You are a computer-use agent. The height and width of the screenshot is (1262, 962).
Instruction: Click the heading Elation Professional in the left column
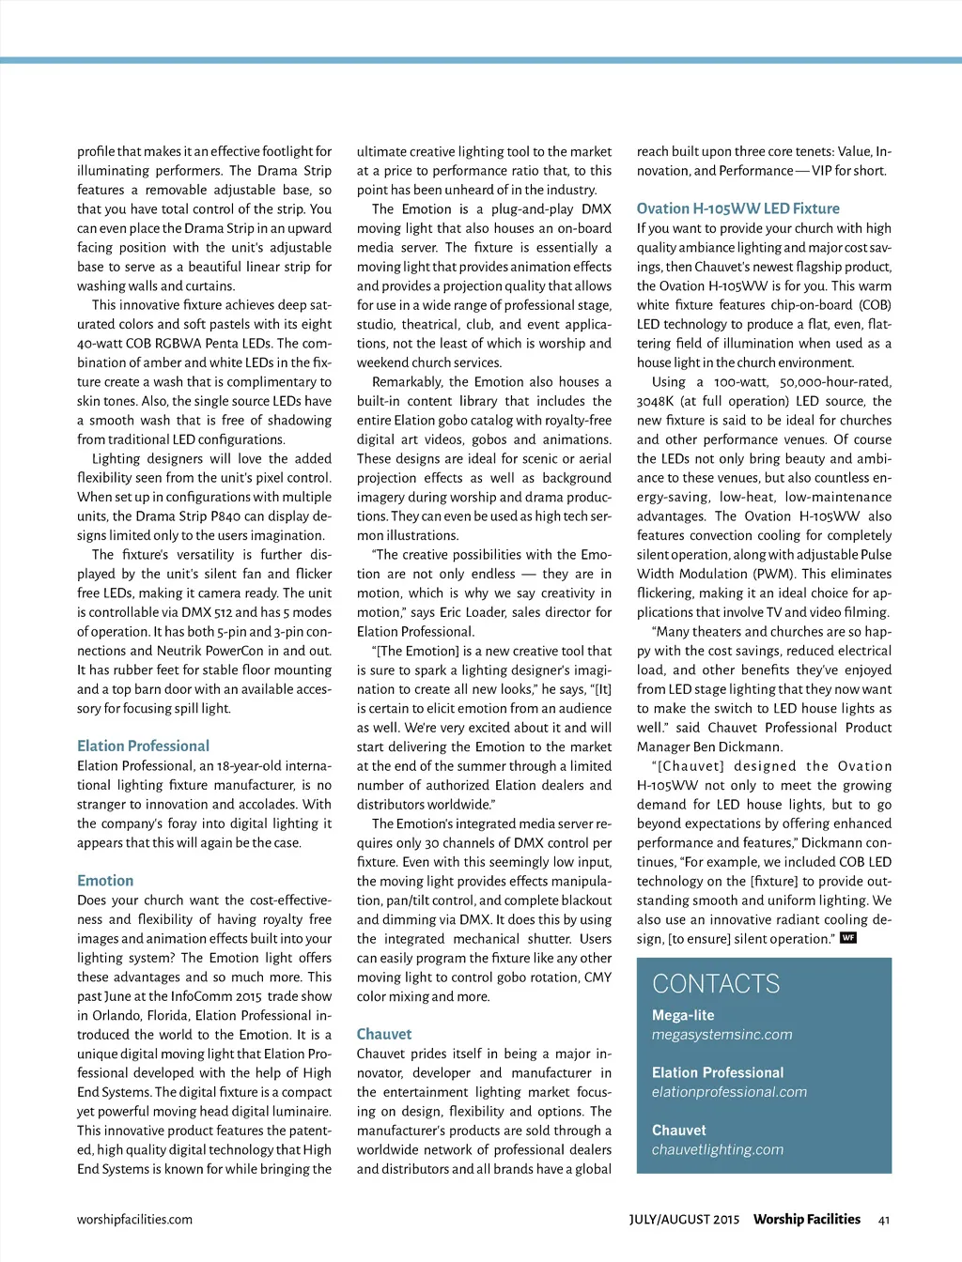point(143,746)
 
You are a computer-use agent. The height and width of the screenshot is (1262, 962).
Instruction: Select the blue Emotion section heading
point(105,881)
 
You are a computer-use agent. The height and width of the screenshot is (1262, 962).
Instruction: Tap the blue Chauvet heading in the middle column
point(384,1034)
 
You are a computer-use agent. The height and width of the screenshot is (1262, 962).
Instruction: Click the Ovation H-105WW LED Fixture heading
point(738,208)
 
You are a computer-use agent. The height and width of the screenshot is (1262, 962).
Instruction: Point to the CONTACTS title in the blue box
point(716,983)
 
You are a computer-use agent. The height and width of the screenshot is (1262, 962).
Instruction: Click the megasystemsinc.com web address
point(722,1035)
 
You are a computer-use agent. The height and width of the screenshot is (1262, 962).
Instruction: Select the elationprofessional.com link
point(730,1092)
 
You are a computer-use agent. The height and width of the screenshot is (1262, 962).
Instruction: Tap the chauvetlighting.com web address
point(718,1149)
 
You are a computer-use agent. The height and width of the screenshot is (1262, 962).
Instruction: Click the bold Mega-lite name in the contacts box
point(683,1015)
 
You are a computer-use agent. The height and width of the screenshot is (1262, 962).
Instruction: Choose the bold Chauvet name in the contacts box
point(678,1131)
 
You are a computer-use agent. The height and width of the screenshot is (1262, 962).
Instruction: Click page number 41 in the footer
point(884,1220)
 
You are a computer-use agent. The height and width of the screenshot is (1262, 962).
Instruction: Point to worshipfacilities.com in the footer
point(134,1220)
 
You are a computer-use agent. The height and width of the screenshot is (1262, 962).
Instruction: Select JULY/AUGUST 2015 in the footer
point(684,1220)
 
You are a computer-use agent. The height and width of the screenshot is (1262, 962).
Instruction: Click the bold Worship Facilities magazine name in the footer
point(807,1219)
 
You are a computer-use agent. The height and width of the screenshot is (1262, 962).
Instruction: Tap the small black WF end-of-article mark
point(848,938)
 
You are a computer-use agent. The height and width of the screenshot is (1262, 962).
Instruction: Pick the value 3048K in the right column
point(656,401)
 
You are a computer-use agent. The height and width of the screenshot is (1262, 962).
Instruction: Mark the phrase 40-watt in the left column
point(101,344)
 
